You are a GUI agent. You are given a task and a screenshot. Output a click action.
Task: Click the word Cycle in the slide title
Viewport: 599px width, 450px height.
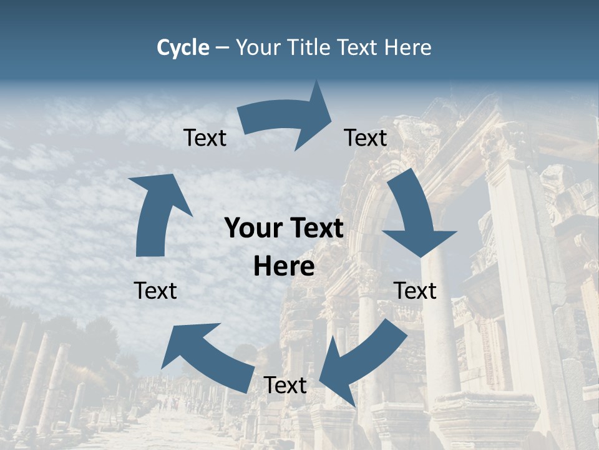(183, 47)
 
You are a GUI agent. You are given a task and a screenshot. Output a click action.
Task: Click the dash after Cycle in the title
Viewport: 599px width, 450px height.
(222, 47)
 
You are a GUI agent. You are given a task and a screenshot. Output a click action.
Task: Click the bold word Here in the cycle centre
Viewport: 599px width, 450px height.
(284, 267)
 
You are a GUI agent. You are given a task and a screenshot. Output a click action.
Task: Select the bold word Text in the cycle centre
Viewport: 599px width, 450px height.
(315, 228)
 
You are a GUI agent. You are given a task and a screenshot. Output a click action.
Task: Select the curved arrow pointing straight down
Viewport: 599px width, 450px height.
(416, 216)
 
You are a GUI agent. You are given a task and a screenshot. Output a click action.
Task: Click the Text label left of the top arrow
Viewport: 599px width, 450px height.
(205, 138)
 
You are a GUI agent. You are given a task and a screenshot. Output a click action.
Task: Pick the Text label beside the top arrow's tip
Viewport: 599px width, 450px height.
(366, 137)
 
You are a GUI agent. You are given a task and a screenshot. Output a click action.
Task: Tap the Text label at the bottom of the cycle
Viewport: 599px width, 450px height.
(285, 386)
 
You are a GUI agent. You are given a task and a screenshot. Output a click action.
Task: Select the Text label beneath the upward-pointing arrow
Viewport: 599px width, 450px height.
(155, 291)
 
